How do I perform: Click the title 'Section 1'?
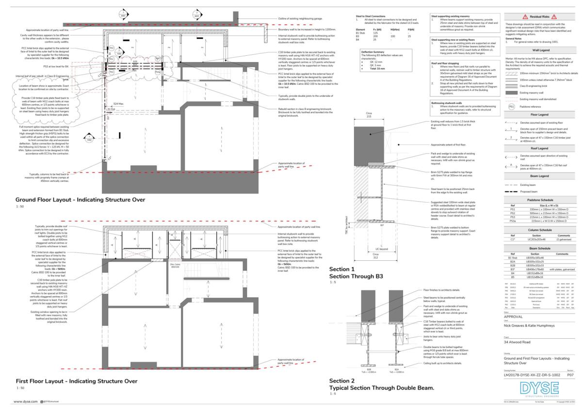342,269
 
